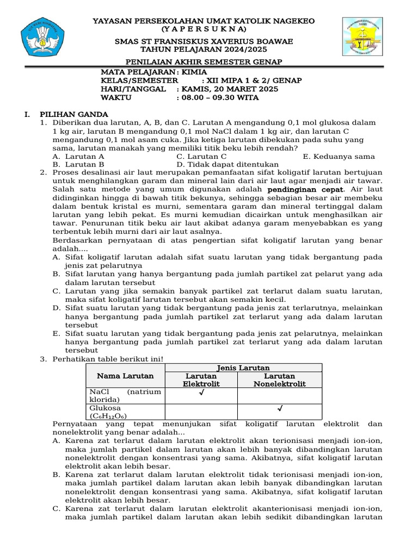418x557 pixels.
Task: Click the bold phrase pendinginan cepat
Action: point(305,189)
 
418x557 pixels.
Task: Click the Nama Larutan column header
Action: point(125,376)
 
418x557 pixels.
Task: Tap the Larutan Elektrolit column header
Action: point(201,380)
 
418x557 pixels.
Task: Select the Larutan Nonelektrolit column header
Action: point(279,380)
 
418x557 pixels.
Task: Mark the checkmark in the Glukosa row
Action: point(280,408)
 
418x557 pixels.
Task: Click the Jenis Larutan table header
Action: point(243,368)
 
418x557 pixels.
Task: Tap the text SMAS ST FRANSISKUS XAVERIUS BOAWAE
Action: point(209,42)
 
